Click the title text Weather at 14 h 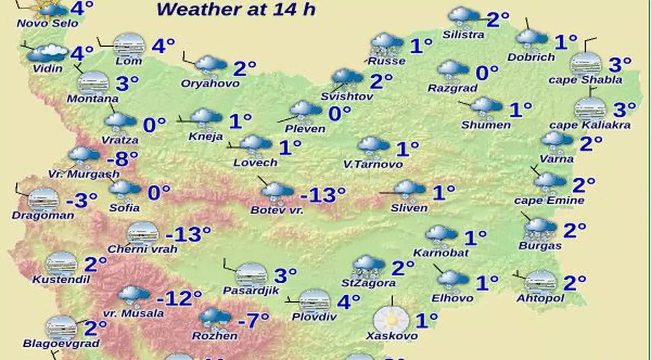coord(235,9)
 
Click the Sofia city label coord(124,208)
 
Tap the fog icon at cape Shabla coord(586,64)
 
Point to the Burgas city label coord(539,246)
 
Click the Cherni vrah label coord(136,249)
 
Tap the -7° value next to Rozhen coord(254,320)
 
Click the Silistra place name coord(463,35)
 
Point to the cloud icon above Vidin coord(47,53)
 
